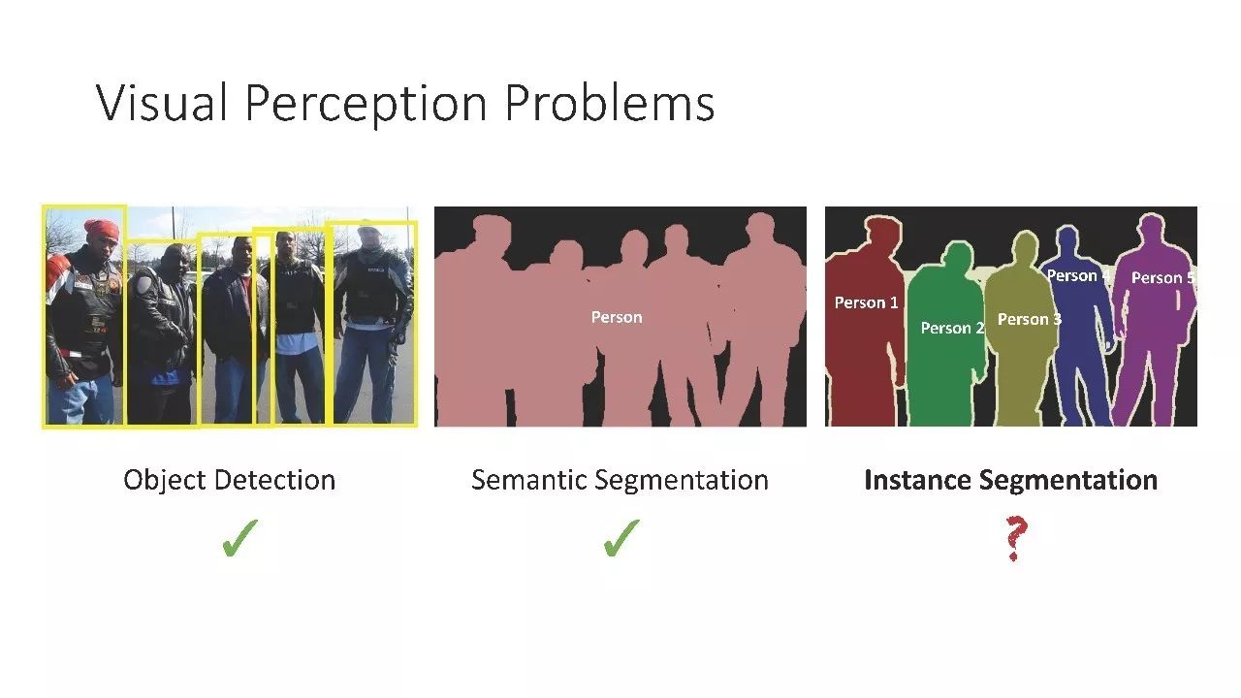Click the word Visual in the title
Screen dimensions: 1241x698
coord(162,103)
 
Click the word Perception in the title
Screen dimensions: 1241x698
coord(366,106)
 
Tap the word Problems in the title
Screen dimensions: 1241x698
coord(610,103)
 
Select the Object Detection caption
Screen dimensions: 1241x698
coord(230,480)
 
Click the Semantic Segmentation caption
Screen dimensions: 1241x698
coord(620,480)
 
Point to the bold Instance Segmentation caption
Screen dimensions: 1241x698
coord(1011,480)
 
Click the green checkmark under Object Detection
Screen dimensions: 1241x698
coord(239,537)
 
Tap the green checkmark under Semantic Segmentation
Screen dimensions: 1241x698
coord(621,537)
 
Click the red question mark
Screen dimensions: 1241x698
coord(1015,538)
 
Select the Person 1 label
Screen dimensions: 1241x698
coord(866,302)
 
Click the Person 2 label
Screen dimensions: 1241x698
coord(952,328)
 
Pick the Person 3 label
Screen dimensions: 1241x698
coord(1030,319)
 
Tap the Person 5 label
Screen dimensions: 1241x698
coord(1162,277)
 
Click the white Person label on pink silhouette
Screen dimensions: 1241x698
coord(617,317)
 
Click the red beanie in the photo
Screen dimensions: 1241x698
coord(102,230)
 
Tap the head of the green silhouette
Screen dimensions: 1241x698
coord(956,256)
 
